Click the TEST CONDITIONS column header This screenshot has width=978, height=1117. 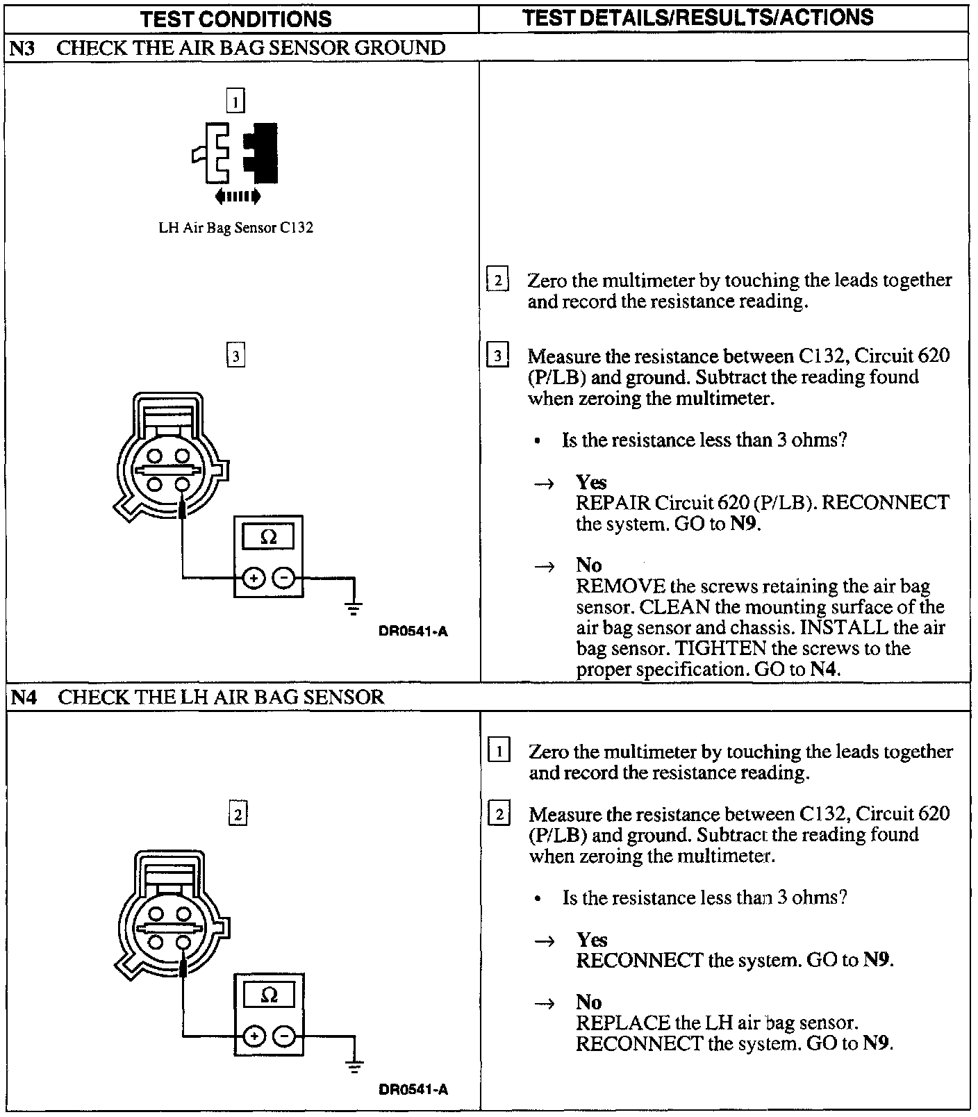(236, 19)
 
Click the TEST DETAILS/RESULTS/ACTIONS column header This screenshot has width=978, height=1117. (697, 17)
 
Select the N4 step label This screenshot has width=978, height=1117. (23, 697)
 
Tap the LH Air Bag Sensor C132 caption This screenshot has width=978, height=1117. (236, 228)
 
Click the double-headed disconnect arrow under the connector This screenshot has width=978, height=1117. (238, 197)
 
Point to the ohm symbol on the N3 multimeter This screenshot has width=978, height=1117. (268, 536)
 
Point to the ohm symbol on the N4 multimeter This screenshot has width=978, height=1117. (269, 995)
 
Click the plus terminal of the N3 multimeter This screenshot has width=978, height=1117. (254, 577)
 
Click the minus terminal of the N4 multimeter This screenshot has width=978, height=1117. (284, 1036)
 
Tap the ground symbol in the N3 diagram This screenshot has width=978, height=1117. (354, 609)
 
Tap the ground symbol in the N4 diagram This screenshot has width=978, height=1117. (354, 1067)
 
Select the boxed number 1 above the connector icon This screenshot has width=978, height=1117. (235, 102)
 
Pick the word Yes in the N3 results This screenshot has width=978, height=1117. (591, 482)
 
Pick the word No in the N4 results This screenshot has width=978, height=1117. (588, 1002)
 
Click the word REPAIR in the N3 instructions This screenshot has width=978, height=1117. (613, 502)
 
